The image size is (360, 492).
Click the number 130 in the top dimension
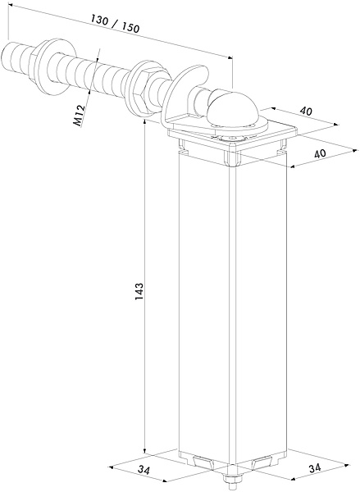(99, 20)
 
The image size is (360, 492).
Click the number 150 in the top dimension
(130, 28)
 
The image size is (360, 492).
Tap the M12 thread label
(79, 116)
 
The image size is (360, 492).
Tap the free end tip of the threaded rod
(4, 56)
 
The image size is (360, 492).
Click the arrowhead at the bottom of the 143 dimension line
(144, 451)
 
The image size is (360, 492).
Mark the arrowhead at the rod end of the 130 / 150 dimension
(10, 5)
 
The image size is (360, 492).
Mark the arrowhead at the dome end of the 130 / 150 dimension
(230, 57)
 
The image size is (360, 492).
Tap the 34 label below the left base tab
(144, 470)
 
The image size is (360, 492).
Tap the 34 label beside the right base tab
(315, 468)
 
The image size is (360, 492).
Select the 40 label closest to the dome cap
(306, 111)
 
